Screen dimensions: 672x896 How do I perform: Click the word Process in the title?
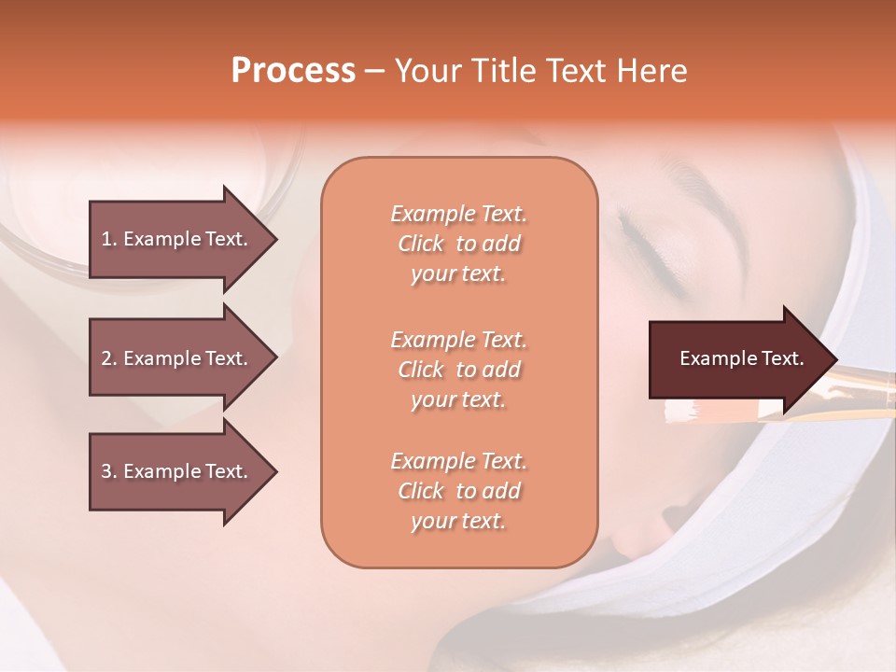(293, 71)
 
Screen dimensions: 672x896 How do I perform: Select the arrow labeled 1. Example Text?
(177, 239)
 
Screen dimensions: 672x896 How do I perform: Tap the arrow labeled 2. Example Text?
(177, 358)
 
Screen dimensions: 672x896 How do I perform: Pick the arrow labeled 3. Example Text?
(177, 471)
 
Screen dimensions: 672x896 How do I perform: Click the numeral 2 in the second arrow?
(106, 358)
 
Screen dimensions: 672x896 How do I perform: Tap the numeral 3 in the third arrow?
(106, 471)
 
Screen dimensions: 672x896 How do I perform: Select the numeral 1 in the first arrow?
(105, 239)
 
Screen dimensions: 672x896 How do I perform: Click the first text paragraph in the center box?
(458, 244)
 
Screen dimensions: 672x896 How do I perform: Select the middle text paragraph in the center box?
(458, 370)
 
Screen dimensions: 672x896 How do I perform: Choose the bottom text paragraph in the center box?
(458, 491)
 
